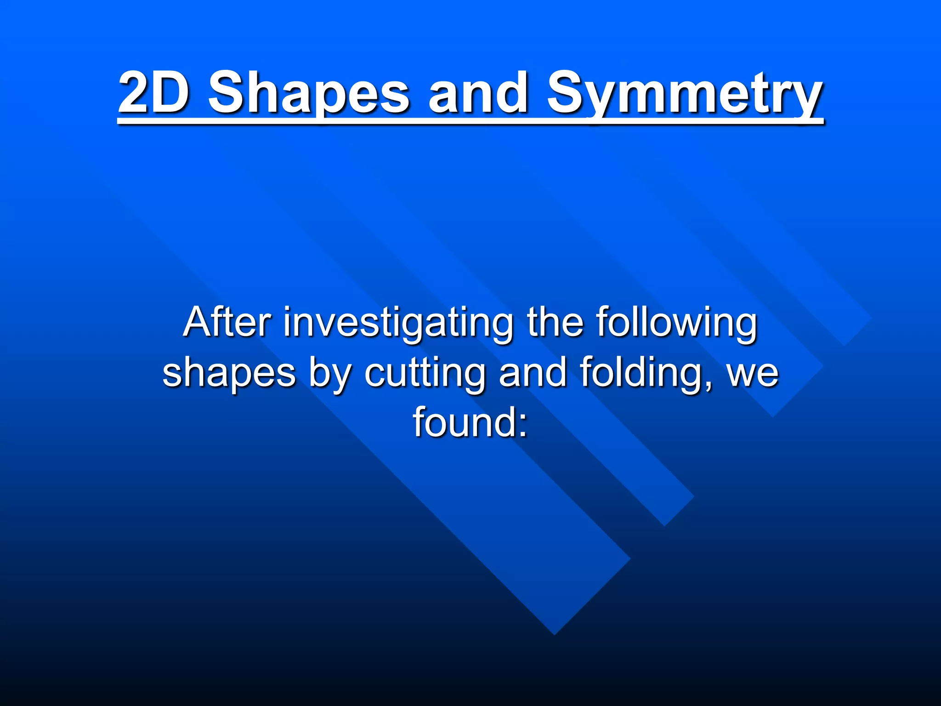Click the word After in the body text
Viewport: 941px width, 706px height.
click(227, 322)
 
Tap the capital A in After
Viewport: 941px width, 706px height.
click(199, 322)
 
